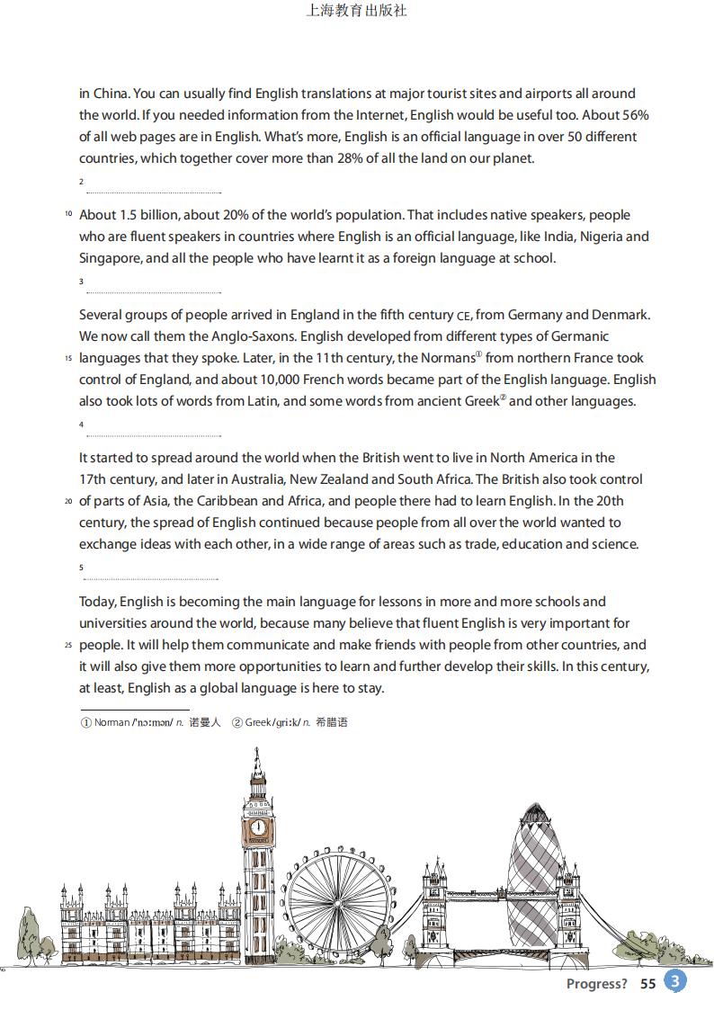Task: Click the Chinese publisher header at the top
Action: coord(357,11)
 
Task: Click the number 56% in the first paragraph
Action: coord(633,115)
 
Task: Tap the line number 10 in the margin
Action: coord(67,215)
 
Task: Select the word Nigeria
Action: coord(601,237)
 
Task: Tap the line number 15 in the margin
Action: coord(67,358)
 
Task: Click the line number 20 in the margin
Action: coord(67,501)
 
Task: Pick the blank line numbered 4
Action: coord(153,436)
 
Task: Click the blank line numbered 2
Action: coord(153,192)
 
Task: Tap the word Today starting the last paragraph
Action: coord(97,602)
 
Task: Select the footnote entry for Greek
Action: coord(290,722)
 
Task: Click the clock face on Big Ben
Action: coord(258,827)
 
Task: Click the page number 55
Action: coord(648,984)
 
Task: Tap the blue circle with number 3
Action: coord(675,981)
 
